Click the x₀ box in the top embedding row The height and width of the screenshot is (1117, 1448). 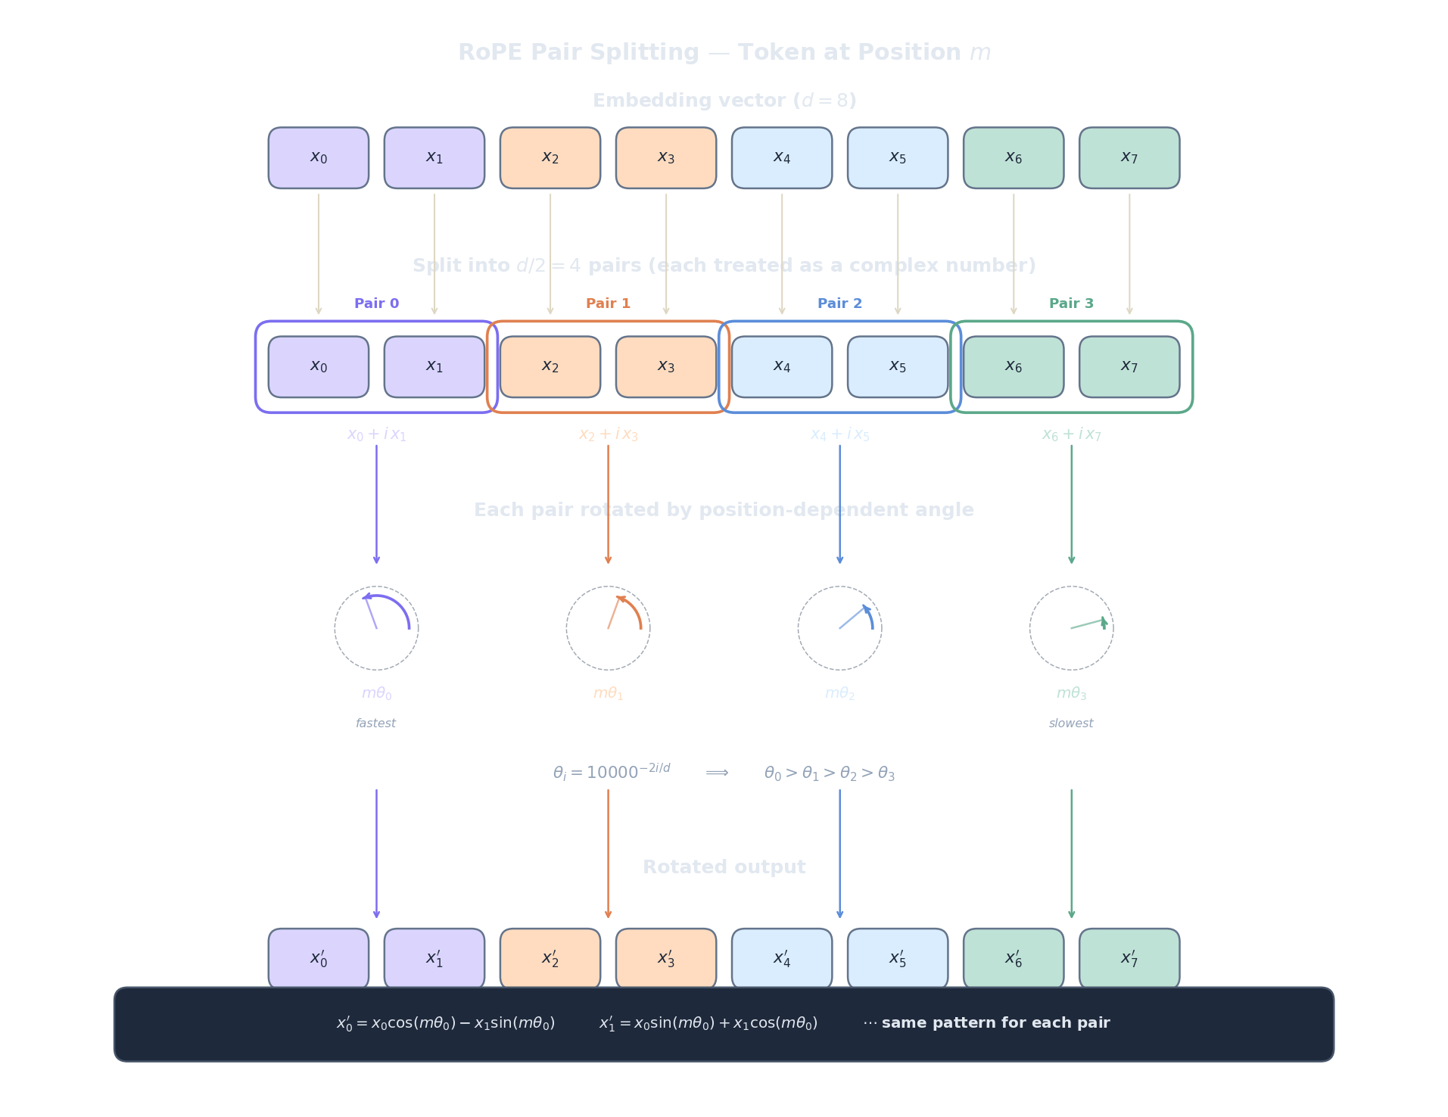coord(318,157)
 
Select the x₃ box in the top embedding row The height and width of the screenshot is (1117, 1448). coord(665,157)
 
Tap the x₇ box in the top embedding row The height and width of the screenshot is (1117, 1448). coord(1129,157)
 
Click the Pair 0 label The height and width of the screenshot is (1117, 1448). coord(376,303)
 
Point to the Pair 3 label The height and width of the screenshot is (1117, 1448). coord(1071,303)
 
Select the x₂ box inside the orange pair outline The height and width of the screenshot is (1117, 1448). coord(550,367)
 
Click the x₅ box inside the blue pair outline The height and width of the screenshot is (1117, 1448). coord(897,367)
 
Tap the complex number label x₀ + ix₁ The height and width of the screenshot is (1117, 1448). coord(376,434)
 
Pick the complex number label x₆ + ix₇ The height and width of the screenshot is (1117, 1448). coord(1071,434)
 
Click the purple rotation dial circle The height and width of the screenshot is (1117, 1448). coord(376,628)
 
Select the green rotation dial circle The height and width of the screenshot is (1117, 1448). coord(1071,628)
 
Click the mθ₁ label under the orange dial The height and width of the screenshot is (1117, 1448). coord(608,693)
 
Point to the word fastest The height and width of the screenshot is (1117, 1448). coord(375,723)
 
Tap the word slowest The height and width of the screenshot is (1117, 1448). coord(1071,723)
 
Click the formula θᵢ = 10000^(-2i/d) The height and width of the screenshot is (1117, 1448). coord(612,772)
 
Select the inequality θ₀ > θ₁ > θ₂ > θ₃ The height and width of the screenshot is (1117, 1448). coord(829,773)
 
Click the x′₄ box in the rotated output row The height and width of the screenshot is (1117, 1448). coord(781,958)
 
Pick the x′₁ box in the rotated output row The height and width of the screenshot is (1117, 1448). coord(434,958)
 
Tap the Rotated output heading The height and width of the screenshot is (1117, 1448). coord(724,867)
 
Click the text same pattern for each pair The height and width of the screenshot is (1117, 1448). coord(995,1023)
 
